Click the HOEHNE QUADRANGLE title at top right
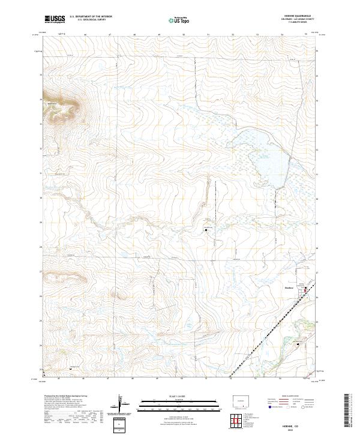coord(303,17)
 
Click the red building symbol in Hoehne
coord(305,289)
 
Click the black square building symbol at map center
coord(206,229)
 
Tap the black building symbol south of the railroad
coord(298,343)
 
